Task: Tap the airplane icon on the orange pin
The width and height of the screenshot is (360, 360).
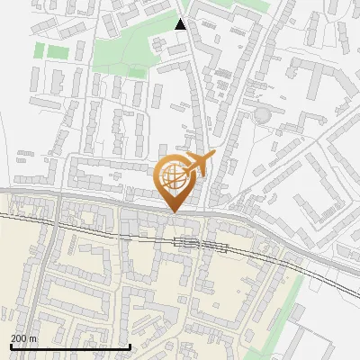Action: [200, 164]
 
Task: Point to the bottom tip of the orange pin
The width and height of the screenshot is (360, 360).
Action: [174, 211]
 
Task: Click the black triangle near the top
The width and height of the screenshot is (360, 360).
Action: [181, 24]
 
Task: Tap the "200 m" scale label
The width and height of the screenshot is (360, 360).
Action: [22, 337]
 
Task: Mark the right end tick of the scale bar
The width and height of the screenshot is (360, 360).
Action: [131, 345]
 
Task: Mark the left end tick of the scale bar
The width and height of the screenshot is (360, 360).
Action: [9, 345]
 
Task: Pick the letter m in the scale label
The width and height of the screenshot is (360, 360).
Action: [32, 337]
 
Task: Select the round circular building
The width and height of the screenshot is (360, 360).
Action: [262, 115]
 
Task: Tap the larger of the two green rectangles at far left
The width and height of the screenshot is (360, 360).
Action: [58, 52]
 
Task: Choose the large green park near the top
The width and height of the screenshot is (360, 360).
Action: [126, 49]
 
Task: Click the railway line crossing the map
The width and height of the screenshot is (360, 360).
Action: [90, 229]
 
